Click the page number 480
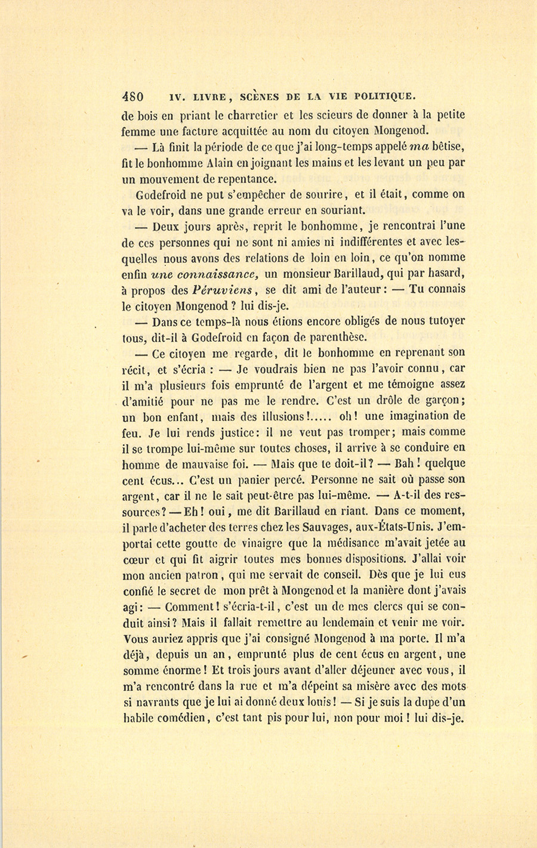tap(132, 95)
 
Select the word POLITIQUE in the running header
tap(383, 95)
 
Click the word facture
tap(203, 131)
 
